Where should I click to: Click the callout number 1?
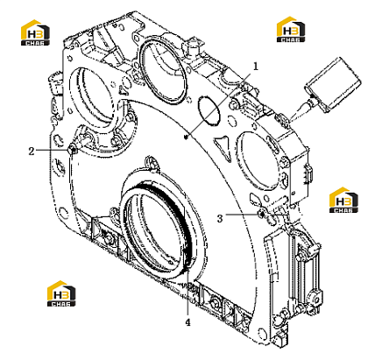[x=256, y=67]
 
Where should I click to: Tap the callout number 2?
[x=32, y=152]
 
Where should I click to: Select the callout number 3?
[x=220, y=218]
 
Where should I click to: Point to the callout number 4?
[x=187, y=322]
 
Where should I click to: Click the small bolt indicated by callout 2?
[x=73, y=150]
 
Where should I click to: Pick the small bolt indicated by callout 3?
[x=262, y=215]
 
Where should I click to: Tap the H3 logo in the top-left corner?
[x=35, y=32]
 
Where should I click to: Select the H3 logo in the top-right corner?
[x=291, y=29]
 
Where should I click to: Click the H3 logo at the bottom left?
[x=61, y=293]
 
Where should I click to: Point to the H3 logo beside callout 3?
[x=343, y=200]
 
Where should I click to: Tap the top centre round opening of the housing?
[x=162, y=70]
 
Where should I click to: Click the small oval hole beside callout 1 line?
[x=209, y=110]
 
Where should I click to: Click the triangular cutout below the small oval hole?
[x=224, y=147]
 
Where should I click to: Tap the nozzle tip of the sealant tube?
[x=289, y=119]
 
